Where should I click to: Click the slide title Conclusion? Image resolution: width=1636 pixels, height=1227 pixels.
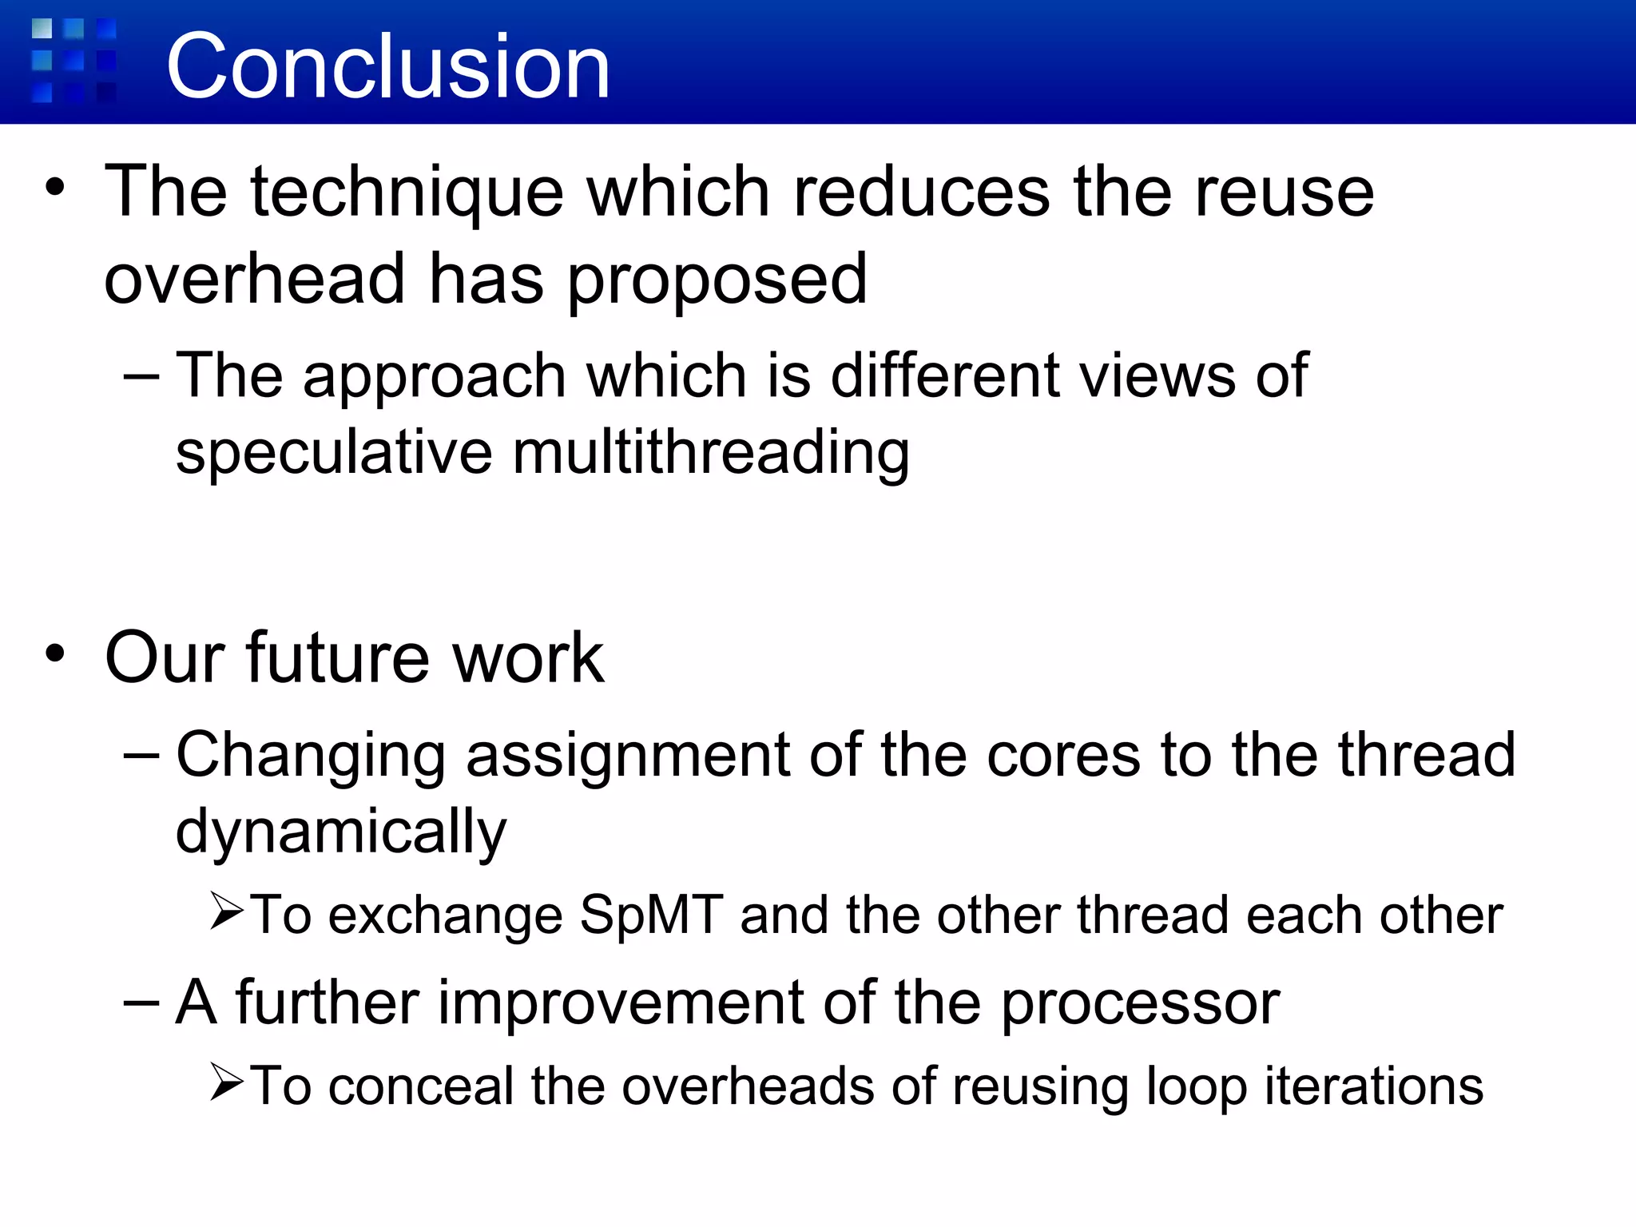pos(388,67)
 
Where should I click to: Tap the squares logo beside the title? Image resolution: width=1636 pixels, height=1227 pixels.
pos(74,62)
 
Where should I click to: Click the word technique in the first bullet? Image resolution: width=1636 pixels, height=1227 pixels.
pos(407,193)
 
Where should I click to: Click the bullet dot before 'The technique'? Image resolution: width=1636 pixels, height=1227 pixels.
pos(54,188)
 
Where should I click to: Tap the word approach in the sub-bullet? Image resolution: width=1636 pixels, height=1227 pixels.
pos(435,375)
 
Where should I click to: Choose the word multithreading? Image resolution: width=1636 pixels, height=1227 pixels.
pos(711,453)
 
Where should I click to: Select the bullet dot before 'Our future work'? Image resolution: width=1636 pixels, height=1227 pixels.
pos(54,653)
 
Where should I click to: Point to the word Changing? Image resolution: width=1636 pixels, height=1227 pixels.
pos(311,756)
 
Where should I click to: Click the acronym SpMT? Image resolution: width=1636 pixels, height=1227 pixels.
pos(651,915)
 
